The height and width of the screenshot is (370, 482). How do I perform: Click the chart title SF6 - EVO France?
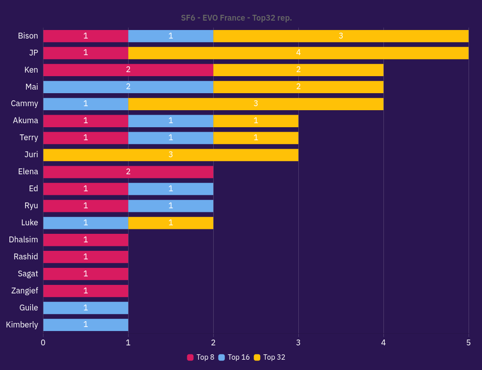tap(236, 18)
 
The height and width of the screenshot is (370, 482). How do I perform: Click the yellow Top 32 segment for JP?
tap(298, 53)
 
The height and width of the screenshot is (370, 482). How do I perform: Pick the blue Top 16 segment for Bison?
tap(171, 36)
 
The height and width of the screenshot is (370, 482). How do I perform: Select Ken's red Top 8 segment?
tap(128, 70)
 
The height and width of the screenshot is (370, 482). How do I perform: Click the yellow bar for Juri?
tap(171, 155)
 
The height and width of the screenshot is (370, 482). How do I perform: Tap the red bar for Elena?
tap(128, 172)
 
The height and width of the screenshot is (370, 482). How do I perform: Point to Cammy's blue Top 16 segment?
tap(86, 104)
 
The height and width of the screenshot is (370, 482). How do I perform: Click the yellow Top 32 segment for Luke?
tap(171, 223)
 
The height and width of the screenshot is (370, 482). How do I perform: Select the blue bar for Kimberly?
tap(86, 325)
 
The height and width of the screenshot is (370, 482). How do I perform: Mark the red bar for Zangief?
tap(86, 291)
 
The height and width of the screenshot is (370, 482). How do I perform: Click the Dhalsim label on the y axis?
tap(23, 240)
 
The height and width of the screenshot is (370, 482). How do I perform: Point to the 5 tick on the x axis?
tap(469, 343)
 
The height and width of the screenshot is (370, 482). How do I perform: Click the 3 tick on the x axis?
tap(298, 343)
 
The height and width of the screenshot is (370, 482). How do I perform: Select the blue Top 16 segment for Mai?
tap(128, 87)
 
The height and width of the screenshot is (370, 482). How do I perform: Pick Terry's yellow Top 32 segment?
tap(256, 138)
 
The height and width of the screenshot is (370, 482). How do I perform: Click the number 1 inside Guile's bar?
tap(86, 308)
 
